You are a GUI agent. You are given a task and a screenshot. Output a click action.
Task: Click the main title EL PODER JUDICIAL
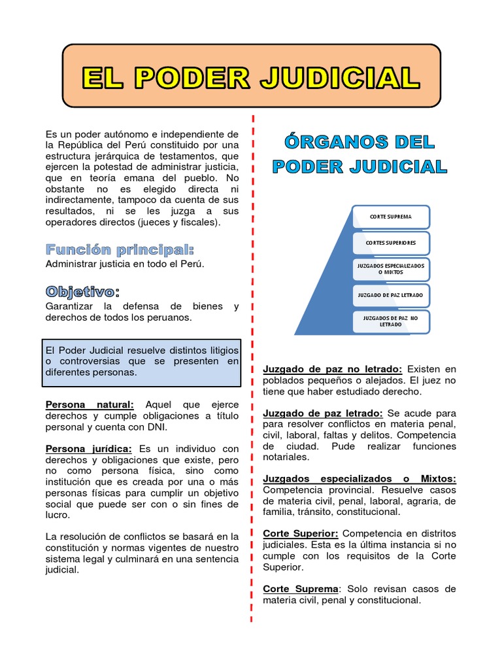pos(251,77)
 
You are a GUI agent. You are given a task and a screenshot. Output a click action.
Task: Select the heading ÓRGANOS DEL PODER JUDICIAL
pos(360,154)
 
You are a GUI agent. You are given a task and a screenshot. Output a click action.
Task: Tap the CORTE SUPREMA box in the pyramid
pos(390,216)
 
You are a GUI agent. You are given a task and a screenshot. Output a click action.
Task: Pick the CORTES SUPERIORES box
pos(390,243)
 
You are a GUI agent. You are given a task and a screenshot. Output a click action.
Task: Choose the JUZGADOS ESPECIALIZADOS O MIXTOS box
pos(390,269)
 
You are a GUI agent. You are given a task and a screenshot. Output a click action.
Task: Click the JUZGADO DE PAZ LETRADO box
pos(390,295)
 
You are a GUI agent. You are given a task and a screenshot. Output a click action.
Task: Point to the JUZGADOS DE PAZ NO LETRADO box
pos(390,321)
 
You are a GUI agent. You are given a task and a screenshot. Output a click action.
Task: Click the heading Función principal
pos(120,250)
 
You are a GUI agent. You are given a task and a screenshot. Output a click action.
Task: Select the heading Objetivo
pos(82,291)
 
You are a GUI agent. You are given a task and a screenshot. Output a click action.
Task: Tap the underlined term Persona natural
pos(90,405)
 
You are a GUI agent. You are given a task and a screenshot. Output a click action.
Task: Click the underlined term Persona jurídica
pos(89,448)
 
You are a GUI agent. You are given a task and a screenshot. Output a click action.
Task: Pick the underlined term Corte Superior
pos(301,533)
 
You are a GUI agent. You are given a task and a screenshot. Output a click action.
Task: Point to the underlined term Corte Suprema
pos(301,589)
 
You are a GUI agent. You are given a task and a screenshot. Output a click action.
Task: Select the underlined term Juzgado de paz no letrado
pos(333,369)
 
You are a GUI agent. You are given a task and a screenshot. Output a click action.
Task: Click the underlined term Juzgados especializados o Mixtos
pos(360,479)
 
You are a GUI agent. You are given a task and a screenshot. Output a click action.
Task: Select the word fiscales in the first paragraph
pos(200,222)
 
